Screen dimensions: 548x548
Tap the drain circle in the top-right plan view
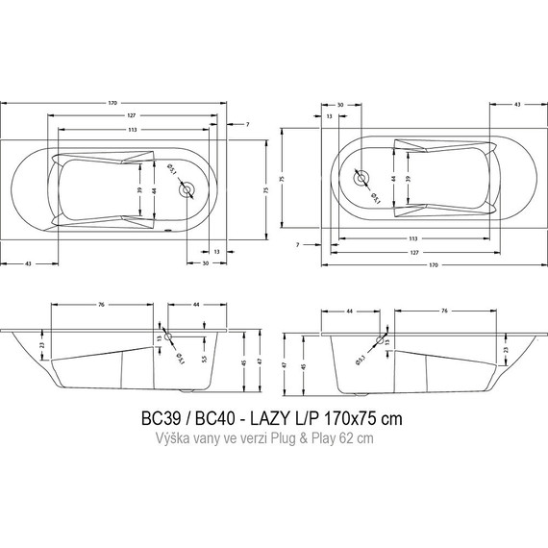tap(362, 178)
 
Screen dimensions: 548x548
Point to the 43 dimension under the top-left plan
tap(30, 264)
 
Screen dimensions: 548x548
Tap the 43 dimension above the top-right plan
tap(518, 102)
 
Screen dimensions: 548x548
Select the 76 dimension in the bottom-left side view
tap(101, 306)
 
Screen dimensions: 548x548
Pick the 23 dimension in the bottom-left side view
tap(40, 343)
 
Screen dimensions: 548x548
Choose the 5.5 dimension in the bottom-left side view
tap(203, 359)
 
